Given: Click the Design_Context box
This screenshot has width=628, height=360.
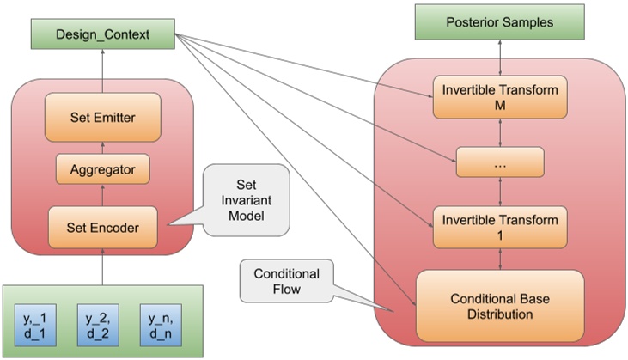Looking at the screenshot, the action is [103, 34].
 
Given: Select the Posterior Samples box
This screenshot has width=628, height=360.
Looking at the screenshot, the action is [499, 22].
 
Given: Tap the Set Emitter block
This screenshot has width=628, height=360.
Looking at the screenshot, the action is [103, 118].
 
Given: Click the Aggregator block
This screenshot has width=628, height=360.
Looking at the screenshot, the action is [103, 169].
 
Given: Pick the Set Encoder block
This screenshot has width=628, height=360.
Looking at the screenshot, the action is [103, 228].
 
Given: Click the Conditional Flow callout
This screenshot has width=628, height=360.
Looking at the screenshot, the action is [287, 281].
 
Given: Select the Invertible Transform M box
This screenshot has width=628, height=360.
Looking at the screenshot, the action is [500, 97].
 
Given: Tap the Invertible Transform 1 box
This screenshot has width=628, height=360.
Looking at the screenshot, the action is [500, 228].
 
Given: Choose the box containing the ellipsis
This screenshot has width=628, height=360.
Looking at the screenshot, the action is [500, 162].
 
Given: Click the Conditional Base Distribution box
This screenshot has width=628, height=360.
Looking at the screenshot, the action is [500, 306].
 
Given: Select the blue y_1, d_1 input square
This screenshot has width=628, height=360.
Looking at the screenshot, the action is [35, 325].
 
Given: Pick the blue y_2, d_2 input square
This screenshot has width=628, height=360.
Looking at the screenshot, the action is [98, 325].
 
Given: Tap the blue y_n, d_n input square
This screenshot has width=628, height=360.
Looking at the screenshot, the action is [161, 325].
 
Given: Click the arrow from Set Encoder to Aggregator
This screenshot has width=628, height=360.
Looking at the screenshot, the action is [103, 195].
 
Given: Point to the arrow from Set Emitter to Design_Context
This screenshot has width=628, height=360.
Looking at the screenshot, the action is [103, 71].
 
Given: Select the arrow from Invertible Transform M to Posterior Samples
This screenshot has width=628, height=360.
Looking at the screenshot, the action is [500, 58].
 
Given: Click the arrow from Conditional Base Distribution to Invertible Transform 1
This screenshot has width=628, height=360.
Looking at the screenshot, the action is [500, 259].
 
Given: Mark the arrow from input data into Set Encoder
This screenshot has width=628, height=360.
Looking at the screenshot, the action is [103, 266].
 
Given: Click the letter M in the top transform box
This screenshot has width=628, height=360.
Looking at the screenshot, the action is [500, 106].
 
